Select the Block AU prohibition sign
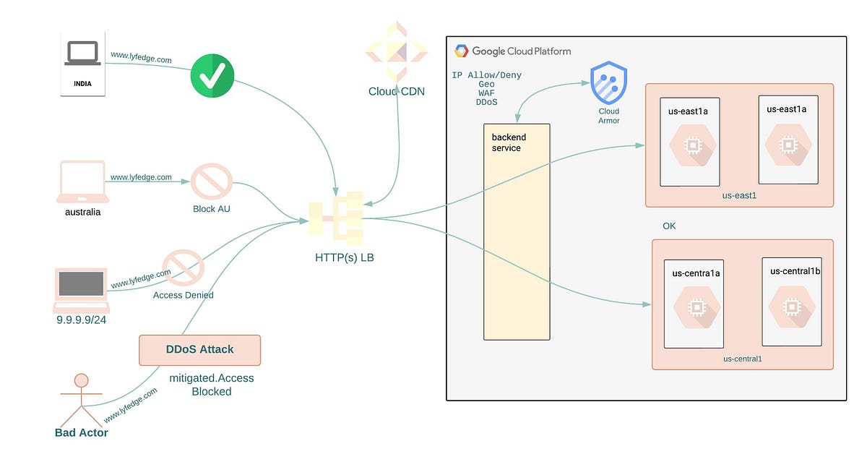coord(212,181)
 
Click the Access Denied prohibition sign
coord(183,268)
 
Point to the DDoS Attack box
coord(199,350)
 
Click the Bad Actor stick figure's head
coord(82,380)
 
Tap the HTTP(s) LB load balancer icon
coord(336,215)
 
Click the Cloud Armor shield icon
coord(608,83)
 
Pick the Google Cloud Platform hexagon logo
coord(461,51)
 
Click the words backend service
coord(509,142)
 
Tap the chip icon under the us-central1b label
coord(793,307)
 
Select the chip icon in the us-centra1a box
coord(696,307)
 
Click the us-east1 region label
coord(738,195)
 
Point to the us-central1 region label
coord(743,359)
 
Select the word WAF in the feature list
coord(486,93)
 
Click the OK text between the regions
coord(669,226)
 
